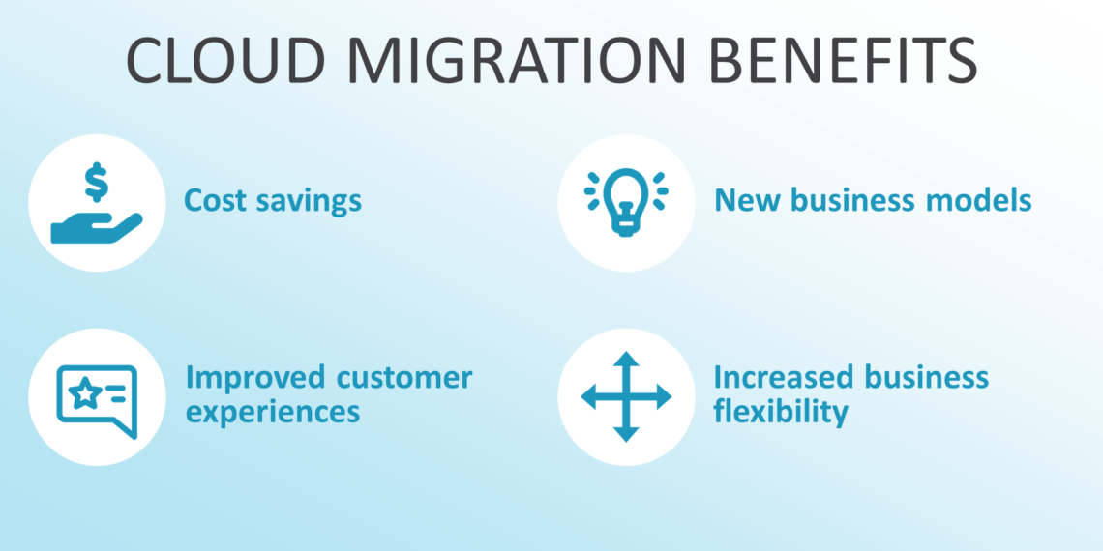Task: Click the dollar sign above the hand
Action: [96, 181]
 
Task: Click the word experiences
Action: [272, 413]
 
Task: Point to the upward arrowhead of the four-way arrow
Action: [626, 360]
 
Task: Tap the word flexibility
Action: [780, 412]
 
